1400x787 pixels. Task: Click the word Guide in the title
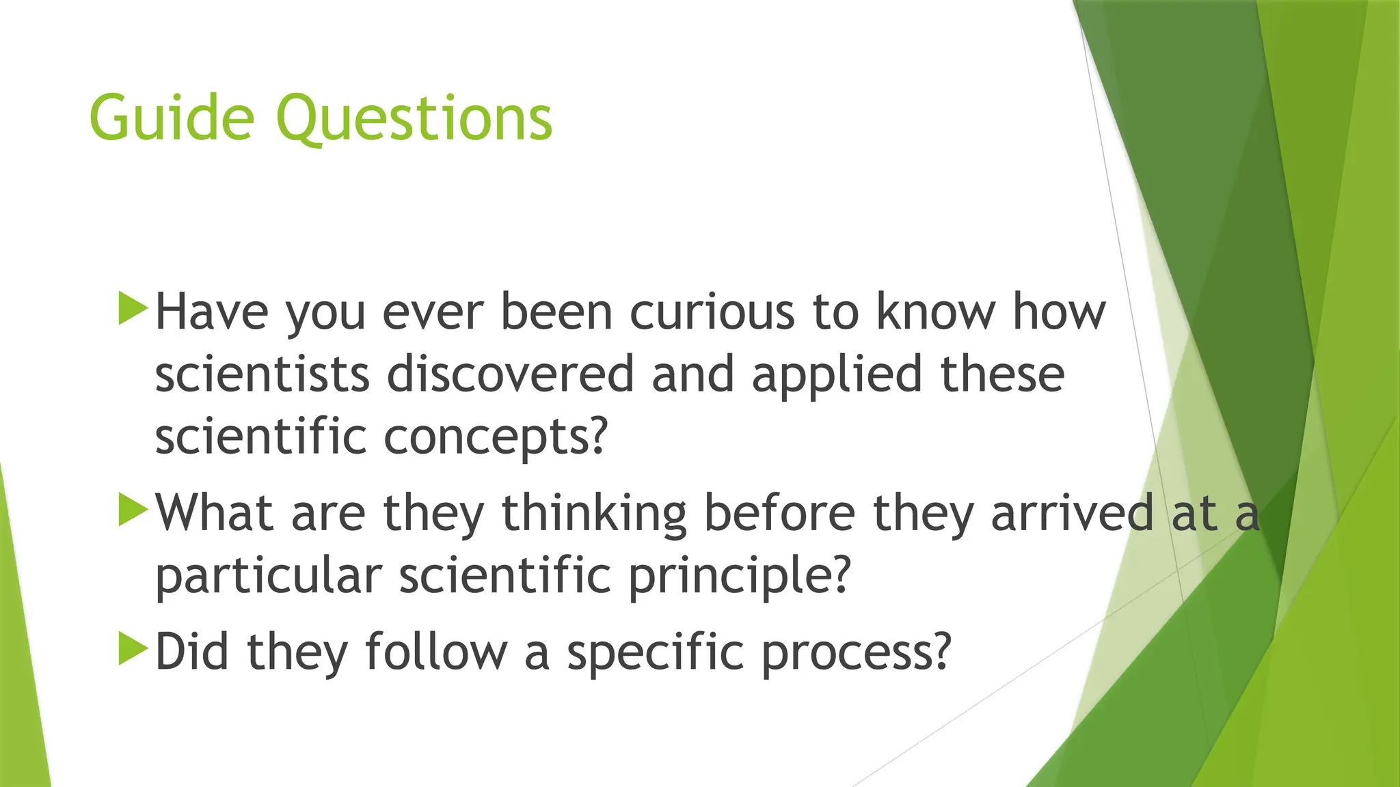coord(172,118)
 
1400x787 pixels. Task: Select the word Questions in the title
coord(414,120)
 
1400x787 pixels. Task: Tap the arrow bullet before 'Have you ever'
coord(133,308)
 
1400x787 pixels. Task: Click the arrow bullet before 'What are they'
coord(133,510)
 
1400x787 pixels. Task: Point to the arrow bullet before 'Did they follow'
coord(133,648)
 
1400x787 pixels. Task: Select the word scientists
coord(262,374)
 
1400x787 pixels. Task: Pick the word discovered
coord(511,374)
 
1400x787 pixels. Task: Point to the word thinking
coord(594,514)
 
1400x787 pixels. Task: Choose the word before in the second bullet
coord(779,512)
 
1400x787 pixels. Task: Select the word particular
coord(268,576)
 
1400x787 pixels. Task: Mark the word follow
coord(436,652)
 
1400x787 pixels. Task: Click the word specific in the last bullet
coord(655,653)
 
